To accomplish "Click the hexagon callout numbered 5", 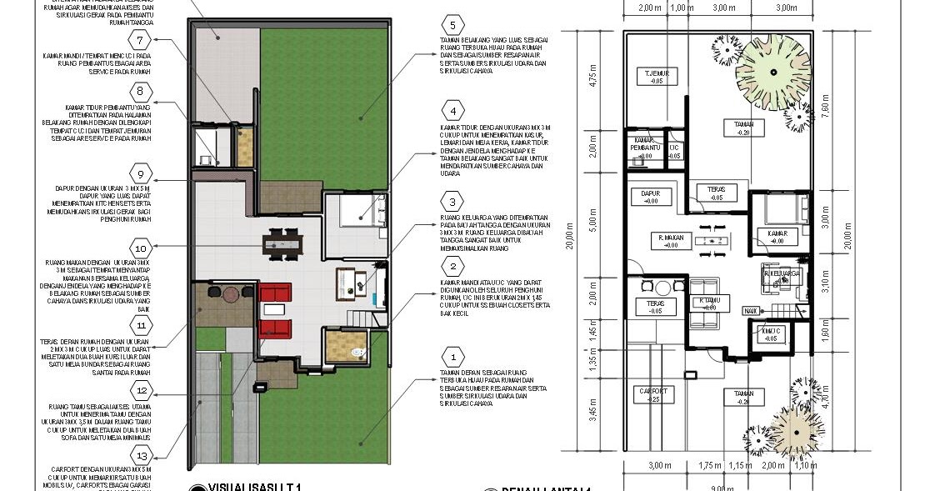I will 452,24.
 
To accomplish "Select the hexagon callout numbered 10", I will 140,248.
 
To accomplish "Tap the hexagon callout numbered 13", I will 142,456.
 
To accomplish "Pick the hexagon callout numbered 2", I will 452,267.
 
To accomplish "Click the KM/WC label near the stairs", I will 771,334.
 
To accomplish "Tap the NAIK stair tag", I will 750,310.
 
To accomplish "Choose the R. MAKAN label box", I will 670,241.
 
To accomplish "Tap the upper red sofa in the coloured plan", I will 275,294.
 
